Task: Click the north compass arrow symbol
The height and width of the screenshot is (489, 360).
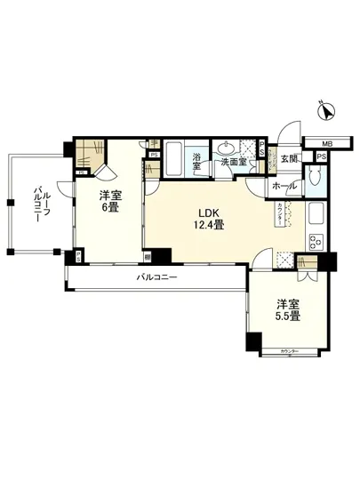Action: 326,113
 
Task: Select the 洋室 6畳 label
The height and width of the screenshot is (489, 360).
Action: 108,201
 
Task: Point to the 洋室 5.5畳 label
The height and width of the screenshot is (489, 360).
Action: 286,309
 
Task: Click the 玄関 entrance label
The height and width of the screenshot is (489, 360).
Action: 289,159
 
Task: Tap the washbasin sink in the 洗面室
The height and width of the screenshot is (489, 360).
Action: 228,148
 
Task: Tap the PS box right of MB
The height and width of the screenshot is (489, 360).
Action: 320,156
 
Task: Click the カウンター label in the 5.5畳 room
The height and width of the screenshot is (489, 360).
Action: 289,353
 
